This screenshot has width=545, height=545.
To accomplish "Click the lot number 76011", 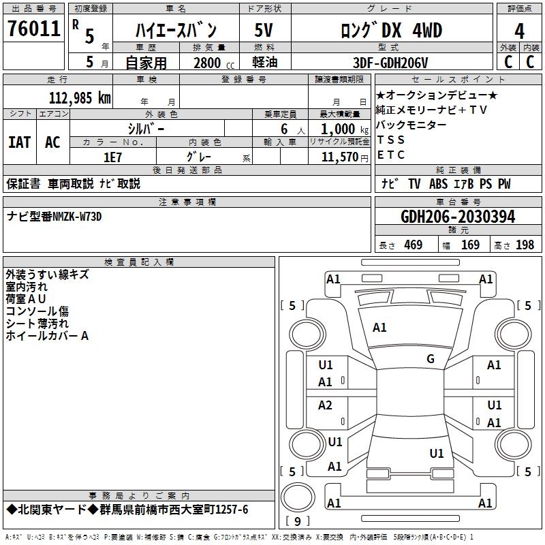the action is pos(33,29).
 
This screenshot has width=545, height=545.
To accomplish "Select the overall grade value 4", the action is pos(520,31).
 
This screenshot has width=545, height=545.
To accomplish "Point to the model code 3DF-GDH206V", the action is pos(392,63).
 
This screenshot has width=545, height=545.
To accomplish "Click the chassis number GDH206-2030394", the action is pos(458,217).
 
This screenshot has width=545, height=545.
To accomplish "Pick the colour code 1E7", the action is pos(112,157).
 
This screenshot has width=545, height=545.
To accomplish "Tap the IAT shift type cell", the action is pos(20,142).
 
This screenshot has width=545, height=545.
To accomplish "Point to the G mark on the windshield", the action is pos(430,359).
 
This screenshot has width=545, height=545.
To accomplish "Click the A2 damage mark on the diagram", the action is pos(326,406).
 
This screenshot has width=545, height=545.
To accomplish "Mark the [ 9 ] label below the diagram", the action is pos(296,521).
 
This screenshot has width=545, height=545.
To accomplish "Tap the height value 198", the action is pos(525,245).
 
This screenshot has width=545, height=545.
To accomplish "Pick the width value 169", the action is pos(470,245).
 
